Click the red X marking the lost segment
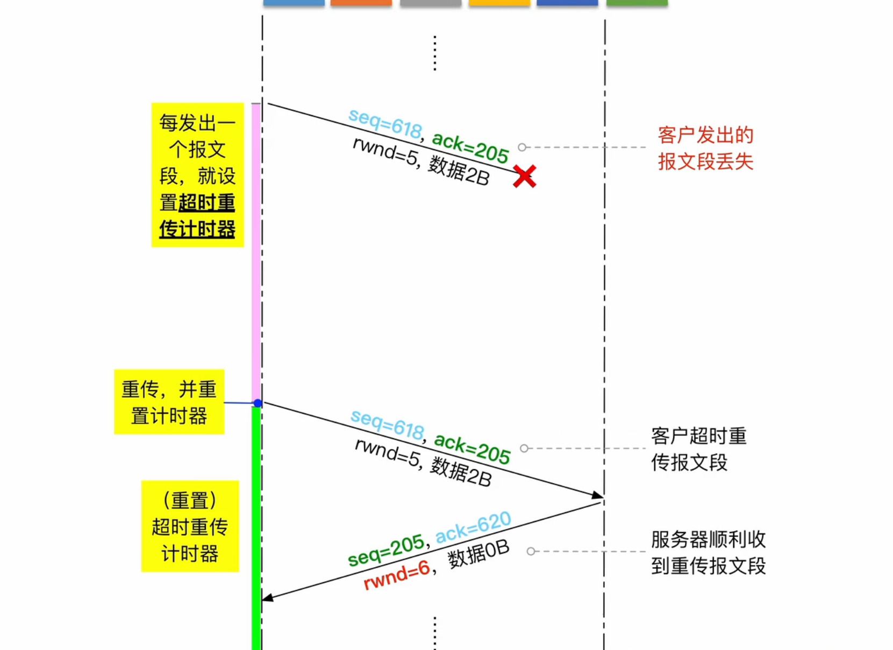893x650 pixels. pyautogui.click(x=524, y=176)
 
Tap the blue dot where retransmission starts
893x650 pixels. pyautogui.click(x=258, y=403)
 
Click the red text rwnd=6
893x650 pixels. pyautogui.click(x=397, y=575)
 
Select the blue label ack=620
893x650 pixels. pyautogui.click(x=473, y=527)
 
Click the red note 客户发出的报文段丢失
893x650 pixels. pyautogui.click(x=705, y=149)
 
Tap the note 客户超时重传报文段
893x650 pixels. pyautogui.click(x=698, y=449)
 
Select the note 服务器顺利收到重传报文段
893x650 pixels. pyautogui.click(x=708, y=552)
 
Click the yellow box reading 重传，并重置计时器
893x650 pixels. pyautogui.click(x=169, y=402)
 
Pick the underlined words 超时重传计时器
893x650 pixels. pyautogui.click(x=198, y=216)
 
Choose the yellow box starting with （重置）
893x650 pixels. pyautogui.click(x=190, y=526)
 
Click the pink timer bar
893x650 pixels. pyautogui.click(x=256, y=253)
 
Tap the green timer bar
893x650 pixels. pyautogui.click(x=256, y=527)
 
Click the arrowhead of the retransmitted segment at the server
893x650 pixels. pyautogui.click(x=598, y=495)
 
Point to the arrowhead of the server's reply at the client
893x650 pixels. pyautogui.click(x=267, y=598)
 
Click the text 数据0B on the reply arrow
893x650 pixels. pyautogui.click(x=478, y=554)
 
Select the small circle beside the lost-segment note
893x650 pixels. pyautogui.click(x=522, y=147)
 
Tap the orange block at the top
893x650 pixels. pyautogui.click(x=361, y=3)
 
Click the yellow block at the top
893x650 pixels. pyautogui.click(x=499, y=3)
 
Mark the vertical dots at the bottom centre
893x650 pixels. pyautogui.click(x=435, y=633)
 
